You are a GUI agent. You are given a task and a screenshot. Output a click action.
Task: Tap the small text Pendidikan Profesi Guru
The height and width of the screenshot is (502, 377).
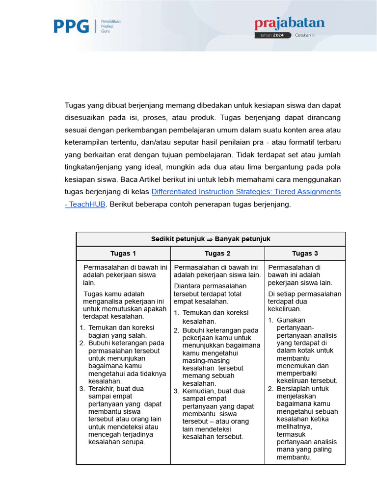coord(110,26)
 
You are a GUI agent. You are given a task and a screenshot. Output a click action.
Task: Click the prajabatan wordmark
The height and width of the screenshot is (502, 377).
coord(289,23)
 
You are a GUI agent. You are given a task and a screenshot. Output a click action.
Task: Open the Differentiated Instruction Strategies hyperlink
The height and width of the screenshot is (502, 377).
coord(246,192)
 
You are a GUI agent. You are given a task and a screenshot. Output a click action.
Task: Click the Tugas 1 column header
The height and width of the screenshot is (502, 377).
coord(123,253)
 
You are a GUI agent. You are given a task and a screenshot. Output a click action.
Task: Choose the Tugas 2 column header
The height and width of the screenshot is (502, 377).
coord(217,253)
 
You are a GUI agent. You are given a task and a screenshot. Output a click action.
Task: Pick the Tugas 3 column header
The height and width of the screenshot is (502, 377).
coord(305,253)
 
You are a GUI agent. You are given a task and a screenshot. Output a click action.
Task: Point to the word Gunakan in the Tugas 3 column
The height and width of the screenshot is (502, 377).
coord(291,320)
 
